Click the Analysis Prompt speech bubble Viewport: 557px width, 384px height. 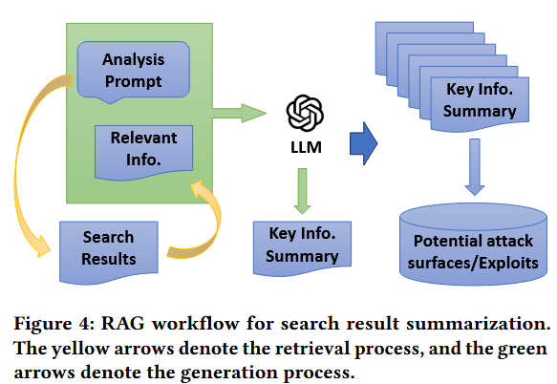pos(134,71)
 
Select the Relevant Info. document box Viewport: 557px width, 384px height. pos(144,151)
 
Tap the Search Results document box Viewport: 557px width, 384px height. pos(109,251)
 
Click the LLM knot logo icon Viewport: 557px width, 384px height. pos(305,113)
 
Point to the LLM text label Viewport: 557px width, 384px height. pos(307,147)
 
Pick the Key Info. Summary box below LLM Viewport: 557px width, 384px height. pos(302,246)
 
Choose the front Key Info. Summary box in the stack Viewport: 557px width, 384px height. pos(480,103)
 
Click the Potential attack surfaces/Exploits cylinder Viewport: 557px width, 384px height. pos(473,245)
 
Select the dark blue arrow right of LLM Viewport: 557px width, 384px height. pos(364,143)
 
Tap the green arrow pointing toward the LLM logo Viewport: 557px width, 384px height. pos(239,114)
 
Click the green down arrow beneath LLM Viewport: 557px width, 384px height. pos(302,191)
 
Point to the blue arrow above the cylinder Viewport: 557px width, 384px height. pos(475,167)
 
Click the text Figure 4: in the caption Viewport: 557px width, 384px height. pos(54,324)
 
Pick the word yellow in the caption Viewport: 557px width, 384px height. pos(80,349)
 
